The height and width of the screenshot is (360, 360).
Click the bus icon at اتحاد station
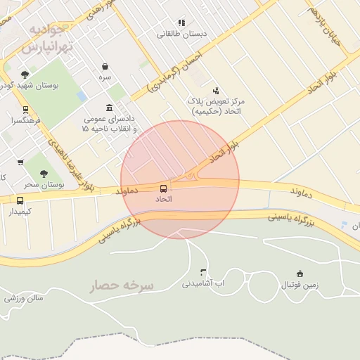click(x=164, y=188)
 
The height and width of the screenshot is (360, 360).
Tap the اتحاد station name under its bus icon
click(x=164, y=200)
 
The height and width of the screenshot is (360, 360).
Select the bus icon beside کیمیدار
click(x=20, y=200)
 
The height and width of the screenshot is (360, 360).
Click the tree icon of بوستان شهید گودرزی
click(x=25, y=75)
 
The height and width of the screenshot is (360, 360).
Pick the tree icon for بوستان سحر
click(x=44, y=173)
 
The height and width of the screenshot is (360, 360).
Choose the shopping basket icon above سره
click(x=105, y=67)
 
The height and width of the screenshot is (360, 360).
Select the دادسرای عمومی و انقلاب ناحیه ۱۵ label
click(x=108, y=124)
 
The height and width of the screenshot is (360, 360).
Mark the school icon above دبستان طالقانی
click(x=181, y=22)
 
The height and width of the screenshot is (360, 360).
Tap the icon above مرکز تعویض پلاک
click(x=215, y=90)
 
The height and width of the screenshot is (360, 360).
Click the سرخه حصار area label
click(x=122, y=285)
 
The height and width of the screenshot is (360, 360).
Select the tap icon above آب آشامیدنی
click(x=204, y=271)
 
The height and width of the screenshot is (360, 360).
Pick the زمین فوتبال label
click(x=300, y=285)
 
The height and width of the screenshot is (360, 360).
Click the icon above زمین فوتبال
click(x=300, y=274)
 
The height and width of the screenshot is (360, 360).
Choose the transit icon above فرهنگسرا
click(x=25, y=110)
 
